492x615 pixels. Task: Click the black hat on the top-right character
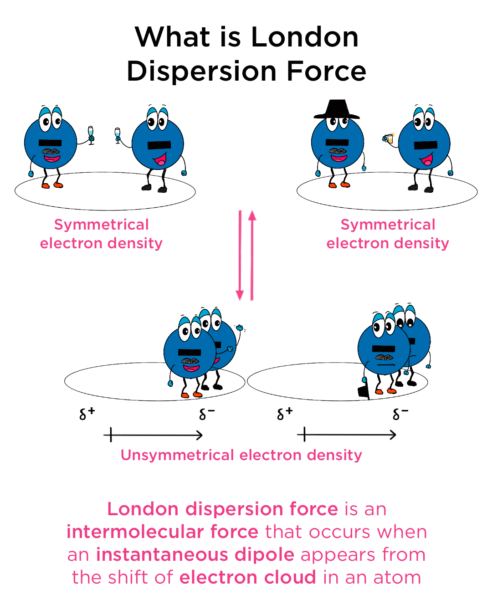click(337, 110)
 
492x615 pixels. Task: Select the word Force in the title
click(326, 72)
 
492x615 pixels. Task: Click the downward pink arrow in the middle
click(240, 255)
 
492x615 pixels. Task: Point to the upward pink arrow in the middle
click(252, 255)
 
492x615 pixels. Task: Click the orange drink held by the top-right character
click(389, 138)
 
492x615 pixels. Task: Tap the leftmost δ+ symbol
click(87, 413)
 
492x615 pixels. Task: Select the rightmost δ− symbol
click(400, 413)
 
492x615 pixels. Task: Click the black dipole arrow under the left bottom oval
click(153, 435)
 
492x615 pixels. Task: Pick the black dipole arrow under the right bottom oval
click(347, 435)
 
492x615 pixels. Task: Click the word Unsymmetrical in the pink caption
click(178, 455)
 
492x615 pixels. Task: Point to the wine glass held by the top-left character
click(91, 134)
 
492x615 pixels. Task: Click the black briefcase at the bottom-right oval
click(364, 391)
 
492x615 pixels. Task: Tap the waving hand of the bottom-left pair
click(239, 328)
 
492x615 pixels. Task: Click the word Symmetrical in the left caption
click(101, 225)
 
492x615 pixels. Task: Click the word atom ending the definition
click(397, 577)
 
